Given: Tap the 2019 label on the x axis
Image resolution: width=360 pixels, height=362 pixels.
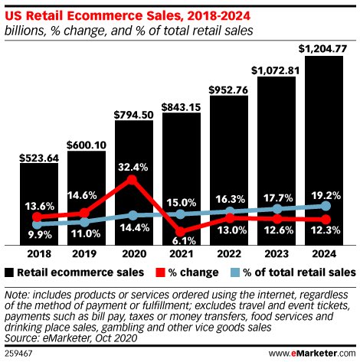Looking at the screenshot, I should coord(87,251).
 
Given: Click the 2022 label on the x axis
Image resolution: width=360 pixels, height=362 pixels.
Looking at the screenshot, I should coord(229,251).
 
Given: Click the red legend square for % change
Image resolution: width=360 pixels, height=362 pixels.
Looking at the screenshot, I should coord(161,272).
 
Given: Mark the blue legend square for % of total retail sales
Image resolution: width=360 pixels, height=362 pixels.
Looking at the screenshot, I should coord(236,272).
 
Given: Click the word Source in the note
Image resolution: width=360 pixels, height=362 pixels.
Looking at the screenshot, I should coord(23,335).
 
